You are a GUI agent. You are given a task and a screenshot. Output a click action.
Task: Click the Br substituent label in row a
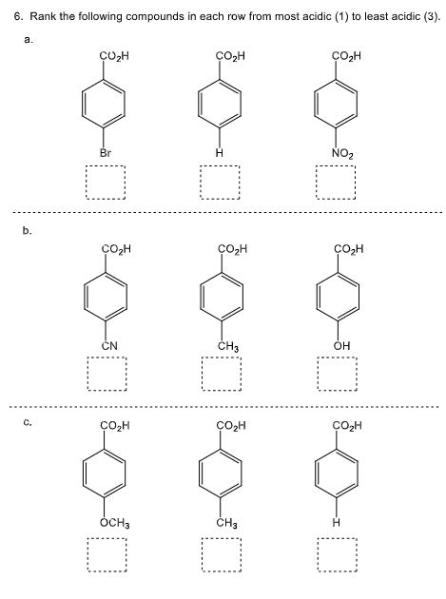(x=105, y=152)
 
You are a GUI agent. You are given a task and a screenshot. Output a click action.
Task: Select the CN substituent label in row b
(x=110, y=346)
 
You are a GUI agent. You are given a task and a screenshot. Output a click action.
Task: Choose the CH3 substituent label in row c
(x=227, y=524)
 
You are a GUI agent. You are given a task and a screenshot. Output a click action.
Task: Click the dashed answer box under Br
(x=105, y=182)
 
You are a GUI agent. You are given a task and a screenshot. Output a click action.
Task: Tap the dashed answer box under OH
(x=337, y=375)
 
